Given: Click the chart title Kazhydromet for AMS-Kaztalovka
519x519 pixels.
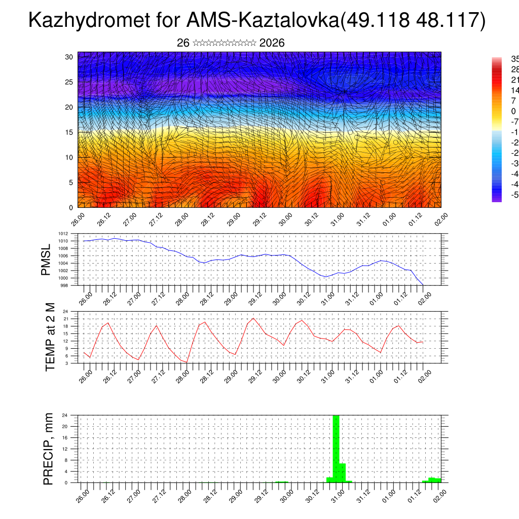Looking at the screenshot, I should tap(257, 21).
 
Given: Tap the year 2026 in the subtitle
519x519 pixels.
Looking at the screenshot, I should tap(272, 43).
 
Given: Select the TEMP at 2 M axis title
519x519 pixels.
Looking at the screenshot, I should tap(50, 337).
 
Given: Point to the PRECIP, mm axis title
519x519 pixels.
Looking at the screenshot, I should tap(48, 449).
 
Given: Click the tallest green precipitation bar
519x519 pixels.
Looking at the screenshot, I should tap(336, 448).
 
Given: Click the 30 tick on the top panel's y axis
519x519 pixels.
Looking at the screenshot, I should tap(69, 57).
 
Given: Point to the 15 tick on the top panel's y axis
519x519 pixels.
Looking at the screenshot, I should tap(69, 132).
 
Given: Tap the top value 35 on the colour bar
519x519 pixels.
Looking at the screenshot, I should tap(514, 59).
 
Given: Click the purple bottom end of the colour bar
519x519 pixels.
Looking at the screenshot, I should tap(496, 199).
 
